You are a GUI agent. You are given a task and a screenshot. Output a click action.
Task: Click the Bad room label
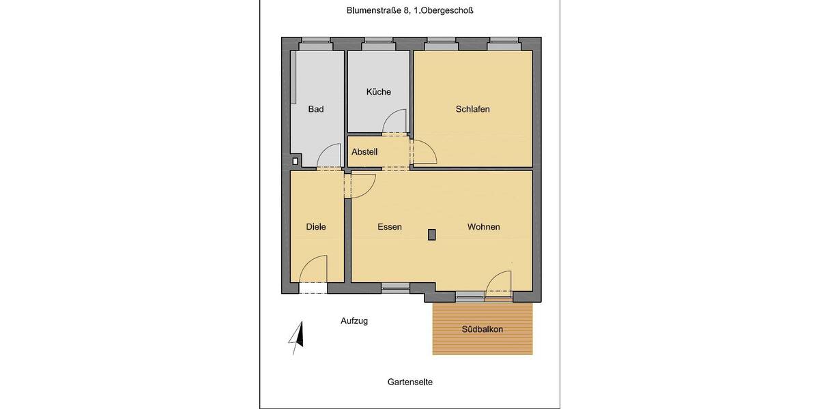315,109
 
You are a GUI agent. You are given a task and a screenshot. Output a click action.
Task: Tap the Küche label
378,92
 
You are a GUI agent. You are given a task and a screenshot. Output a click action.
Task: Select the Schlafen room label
473,109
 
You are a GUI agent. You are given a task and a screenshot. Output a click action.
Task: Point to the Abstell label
364,152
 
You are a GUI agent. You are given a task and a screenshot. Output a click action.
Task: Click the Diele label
315,227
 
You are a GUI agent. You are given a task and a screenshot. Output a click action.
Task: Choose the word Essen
390,227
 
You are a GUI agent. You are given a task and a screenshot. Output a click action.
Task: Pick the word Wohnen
483,227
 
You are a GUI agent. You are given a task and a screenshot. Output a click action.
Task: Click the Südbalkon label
482,329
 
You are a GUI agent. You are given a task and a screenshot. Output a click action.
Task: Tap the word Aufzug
354,320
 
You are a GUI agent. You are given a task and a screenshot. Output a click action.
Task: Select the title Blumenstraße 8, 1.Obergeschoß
409,10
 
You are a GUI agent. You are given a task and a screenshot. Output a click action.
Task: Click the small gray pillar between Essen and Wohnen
431,234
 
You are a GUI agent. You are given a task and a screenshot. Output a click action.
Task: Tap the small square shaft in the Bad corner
295,162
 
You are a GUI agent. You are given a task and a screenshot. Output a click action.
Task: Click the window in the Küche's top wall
378,46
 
